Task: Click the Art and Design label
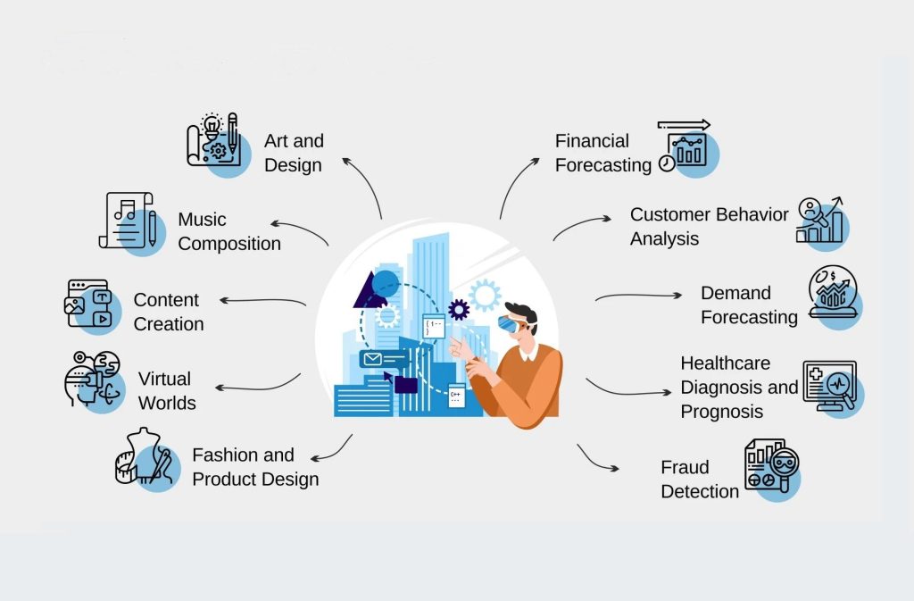(294, 153)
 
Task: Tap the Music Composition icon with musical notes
(128, 221)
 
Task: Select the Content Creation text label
(168, 312)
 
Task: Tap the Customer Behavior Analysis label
(709, 226)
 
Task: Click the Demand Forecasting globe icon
(833, 292)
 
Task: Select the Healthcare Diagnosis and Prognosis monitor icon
(830, 386)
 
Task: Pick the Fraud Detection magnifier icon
(773, 464)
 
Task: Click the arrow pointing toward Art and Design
(362, 183)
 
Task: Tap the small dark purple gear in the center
(459, 310)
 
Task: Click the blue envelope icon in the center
(371, 359)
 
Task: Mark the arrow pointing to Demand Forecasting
(638, 296)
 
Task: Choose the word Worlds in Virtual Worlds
(167, 403)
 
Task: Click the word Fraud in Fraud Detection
(685, 467)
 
